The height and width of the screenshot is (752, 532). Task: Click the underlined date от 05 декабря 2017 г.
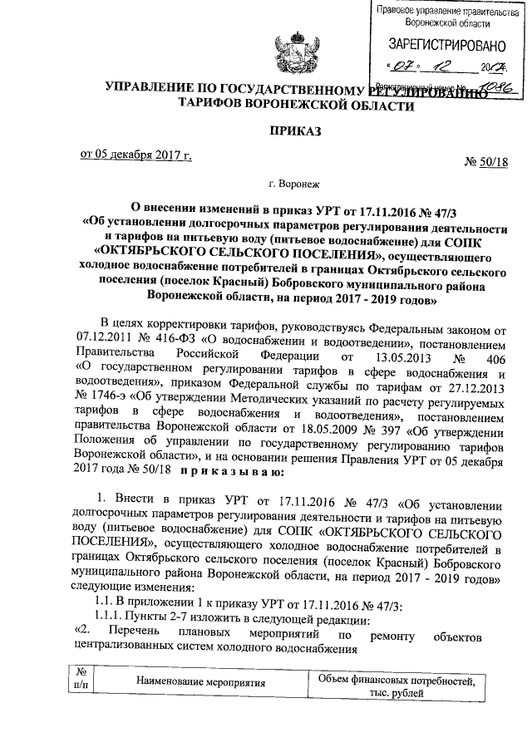pyautogui.click(x=135, y=155)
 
